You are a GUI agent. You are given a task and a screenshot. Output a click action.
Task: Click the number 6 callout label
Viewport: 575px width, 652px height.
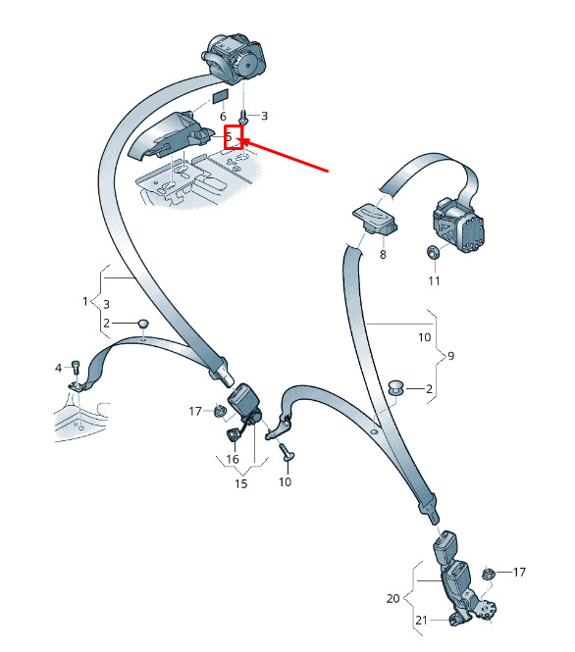coord(223,117)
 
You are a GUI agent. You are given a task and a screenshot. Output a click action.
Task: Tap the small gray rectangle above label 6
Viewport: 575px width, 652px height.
coord(220,97)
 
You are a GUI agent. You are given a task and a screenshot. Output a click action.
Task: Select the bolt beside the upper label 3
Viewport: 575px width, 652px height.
coord(243,117)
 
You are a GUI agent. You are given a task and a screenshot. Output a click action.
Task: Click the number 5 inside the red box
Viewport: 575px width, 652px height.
coord(229,136)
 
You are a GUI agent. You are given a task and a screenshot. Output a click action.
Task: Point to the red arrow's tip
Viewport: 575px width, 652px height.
coord(241,141)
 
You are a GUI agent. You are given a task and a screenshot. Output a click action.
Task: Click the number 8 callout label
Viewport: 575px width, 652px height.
coord(383,254)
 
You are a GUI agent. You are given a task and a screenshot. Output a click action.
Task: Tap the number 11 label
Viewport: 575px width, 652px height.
coord(434,281)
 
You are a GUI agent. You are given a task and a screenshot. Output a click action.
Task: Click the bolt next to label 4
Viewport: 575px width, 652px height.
coord(76,367)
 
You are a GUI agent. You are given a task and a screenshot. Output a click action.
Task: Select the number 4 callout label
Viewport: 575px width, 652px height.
coord(58,368)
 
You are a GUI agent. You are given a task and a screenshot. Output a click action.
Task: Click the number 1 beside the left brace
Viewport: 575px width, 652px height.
coord(85,301)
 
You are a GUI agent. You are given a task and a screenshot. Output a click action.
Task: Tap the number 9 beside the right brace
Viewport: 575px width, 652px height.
coord(450,356)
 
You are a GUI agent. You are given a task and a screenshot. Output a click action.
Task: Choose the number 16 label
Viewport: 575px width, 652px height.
coord(233,459)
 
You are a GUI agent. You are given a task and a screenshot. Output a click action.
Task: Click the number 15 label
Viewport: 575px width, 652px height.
coord(241,483)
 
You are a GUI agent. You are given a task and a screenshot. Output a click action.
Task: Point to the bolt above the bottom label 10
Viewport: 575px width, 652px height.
coord(286,452)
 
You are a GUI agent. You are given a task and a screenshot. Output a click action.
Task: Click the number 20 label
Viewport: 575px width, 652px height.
coord(392,598)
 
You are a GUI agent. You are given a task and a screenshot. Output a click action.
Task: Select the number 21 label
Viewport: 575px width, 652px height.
coord(422,621)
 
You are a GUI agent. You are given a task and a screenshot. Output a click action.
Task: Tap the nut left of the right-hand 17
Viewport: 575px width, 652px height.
coord(488,574)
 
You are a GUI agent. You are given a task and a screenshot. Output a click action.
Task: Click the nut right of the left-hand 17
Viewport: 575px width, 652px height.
coord(219,411)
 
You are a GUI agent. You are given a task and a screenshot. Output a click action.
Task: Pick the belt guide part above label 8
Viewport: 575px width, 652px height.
coord(375,219)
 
